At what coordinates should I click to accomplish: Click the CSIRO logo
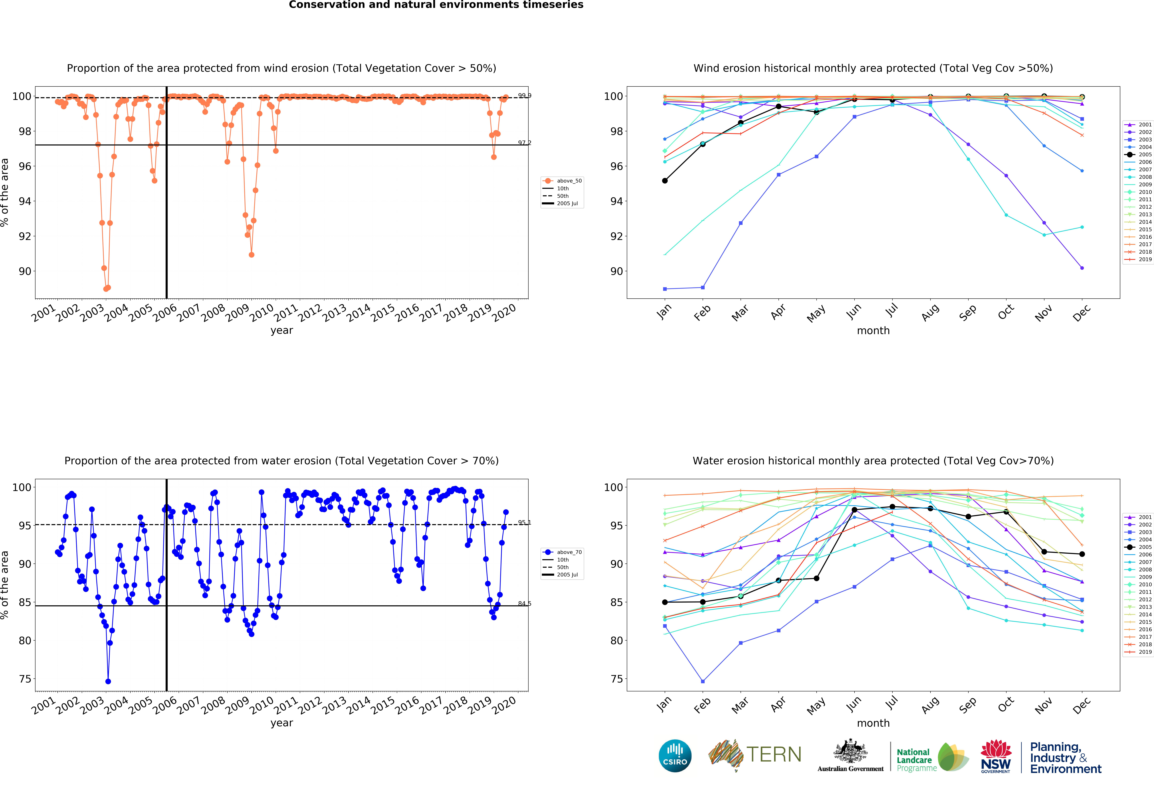(x=675, y=756)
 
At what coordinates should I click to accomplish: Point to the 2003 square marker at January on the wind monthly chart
(x=665, y=289)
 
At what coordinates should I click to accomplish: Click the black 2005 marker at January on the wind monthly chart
(x=665, y=181)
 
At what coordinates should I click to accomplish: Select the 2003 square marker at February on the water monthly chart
(x=703, y=681)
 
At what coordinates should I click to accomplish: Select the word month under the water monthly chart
(x=873, y=723)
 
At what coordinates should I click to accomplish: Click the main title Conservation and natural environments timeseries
(x=436, y=5)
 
